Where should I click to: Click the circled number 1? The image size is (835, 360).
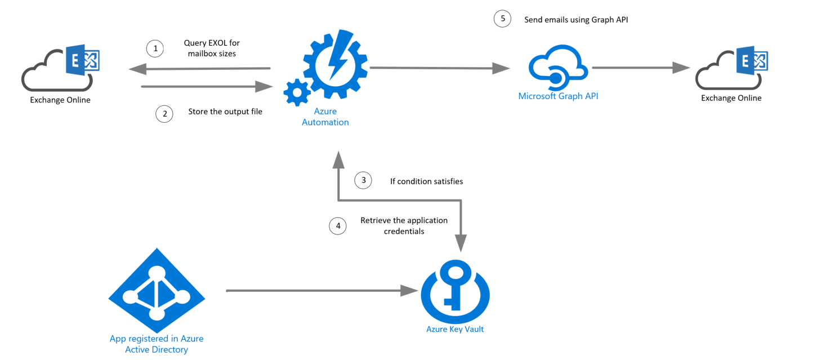click(155, 49)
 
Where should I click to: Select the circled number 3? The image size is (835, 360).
click(363, 180)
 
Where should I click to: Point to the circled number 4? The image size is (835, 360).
click(338, 226)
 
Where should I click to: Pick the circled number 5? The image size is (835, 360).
click(502, 19)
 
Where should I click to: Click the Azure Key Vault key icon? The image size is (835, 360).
click(455, 291)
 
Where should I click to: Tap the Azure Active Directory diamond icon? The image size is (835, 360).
click(157, 290)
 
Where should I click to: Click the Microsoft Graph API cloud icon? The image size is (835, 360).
click(557, 68)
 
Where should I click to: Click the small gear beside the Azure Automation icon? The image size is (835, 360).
click(297, 92)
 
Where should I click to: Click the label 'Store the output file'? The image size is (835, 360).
click(225, 112)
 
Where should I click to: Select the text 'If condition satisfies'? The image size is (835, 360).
click(426, 181)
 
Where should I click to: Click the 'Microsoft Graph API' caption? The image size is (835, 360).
click(558, 96)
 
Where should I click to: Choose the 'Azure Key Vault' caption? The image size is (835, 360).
click(455, 329)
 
